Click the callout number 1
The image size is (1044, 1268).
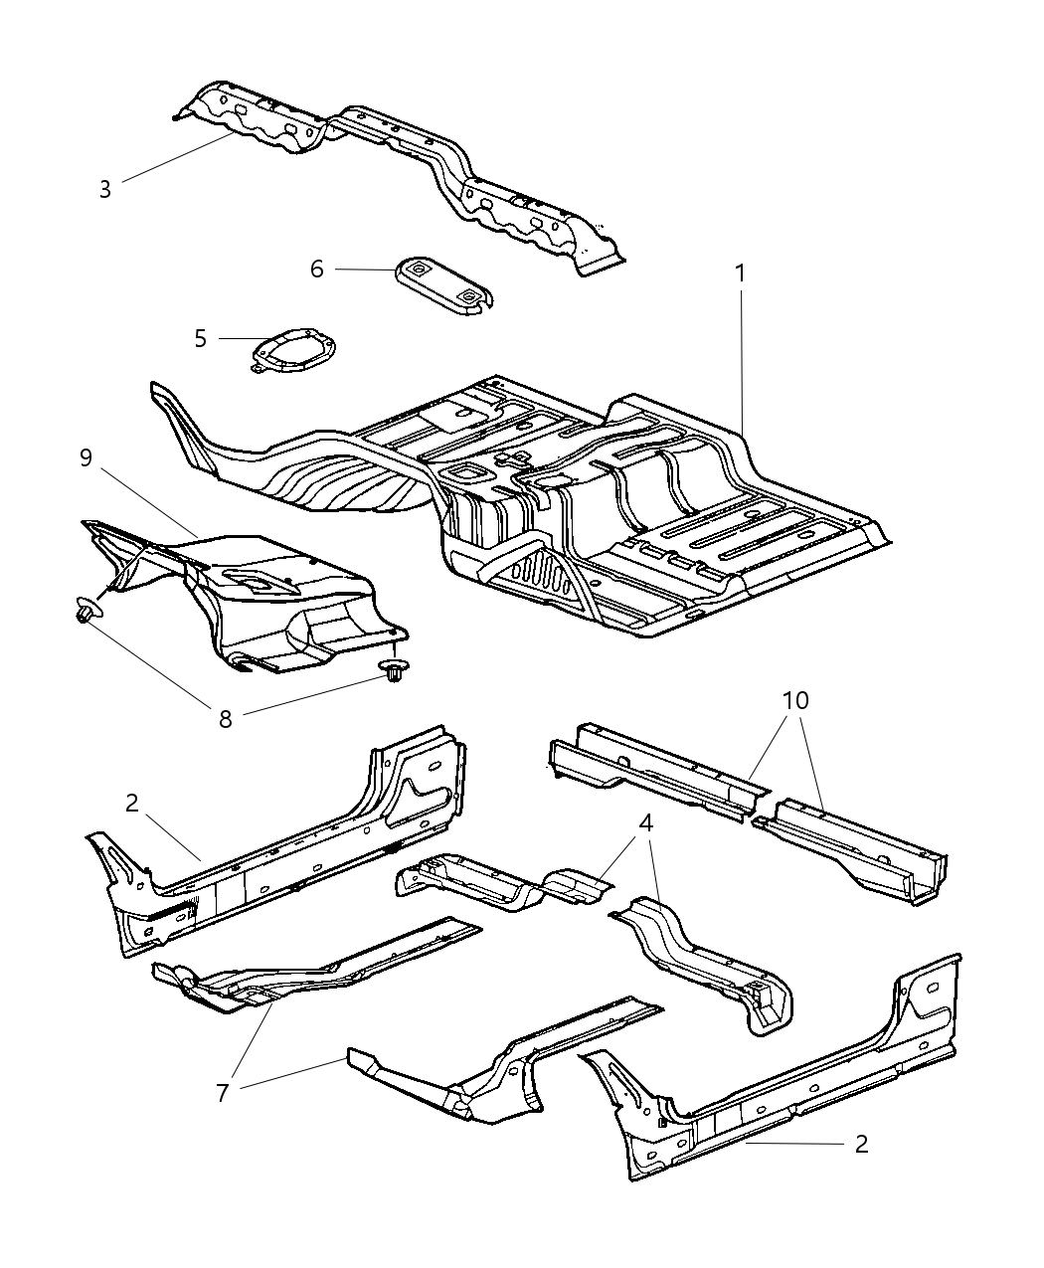740,272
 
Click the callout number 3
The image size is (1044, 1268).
105,189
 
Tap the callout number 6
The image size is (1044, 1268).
317,269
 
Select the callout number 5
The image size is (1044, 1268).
201,338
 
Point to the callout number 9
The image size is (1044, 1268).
87,457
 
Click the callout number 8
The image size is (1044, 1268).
226,718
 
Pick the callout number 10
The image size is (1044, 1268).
794,700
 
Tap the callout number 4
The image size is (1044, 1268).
646,823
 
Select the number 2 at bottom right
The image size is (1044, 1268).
861,1144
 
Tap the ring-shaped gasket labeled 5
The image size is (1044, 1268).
293,353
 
